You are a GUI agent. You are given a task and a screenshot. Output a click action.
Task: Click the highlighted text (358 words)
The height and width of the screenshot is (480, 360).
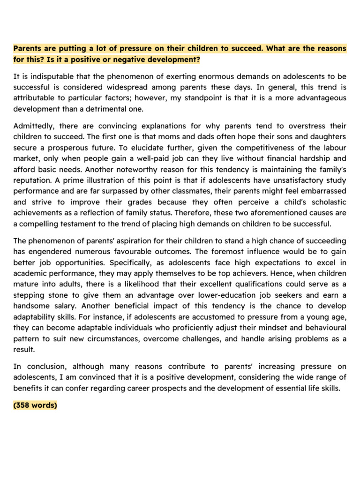click(35, 405)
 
